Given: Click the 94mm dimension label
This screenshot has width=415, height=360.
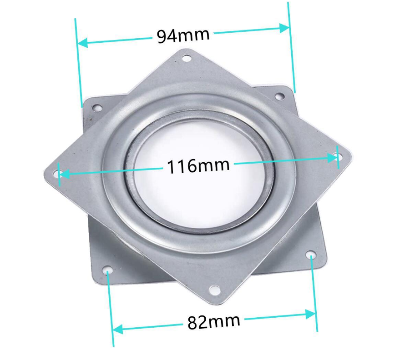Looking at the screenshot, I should point(183,35).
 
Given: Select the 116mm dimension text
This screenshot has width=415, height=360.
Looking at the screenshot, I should point(198,166).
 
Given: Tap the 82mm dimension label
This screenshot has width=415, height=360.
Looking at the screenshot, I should point(213,322).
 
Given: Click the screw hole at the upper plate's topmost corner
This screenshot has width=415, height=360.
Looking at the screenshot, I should point(186,58).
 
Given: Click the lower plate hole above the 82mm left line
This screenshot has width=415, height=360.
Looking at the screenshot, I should point(107,271).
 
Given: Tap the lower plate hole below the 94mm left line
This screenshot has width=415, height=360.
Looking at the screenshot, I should point(96,108).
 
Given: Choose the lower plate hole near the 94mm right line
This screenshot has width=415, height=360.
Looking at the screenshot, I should point(280,96).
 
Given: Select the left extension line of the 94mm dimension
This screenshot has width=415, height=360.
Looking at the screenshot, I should point(78,64).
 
